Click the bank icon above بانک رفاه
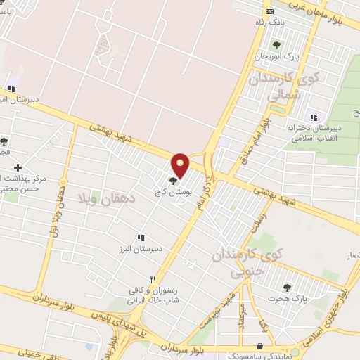pyautogui.click(x=269, y=11)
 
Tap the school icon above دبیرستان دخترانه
pyautogui.click(x=313, y=116)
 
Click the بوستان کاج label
pyautogui.click(x=172, y=191)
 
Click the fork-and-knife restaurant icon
pyautogui.click(x=153, y=278)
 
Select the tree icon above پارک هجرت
pyautogui.click(x=286, y=287)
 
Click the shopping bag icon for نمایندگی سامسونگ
pyautogui.click(x=261, y=346)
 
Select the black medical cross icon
pyautogui.click(x=18, y=167)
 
